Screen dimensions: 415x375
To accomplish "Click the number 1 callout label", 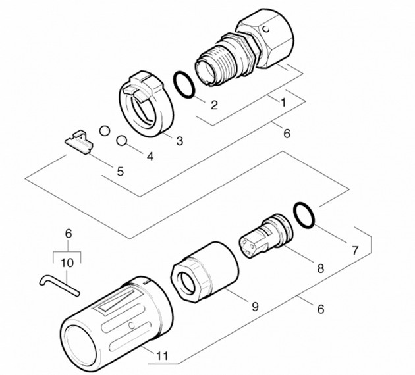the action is [283, 102].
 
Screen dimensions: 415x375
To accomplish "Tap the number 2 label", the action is [214, 105].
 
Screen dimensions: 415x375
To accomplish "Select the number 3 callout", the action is [180, 141].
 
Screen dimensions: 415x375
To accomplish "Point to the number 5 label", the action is [121, 172].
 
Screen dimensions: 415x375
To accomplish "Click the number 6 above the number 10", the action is [69, 234].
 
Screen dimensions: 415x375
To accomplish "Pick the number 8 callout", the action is [321, 268].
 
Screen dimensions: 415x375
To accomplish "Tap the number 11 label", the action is [162, 356].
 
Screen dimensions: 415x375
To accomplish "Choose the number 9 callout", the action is [255, 307].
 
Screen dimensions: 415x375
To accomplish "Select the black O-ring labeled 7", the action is [304, 215].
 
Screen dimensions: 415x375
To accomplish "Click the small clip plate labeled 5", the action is [79, 142].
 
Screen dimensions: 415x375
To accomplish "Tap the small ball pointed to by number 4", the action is [122, 141].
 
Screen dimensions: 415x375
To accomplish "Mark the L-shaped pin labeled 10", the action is [59, 286].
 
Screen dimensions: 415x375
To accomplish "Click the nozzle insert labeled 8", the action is [266, 236].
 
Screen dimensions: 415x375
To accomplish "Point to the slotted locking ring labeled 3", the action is [146, 104].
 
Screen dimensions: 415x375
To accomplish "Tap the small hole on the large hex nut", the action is [265, 28].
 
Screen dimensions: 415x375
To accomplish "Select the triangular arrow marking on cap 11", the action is [117, 301].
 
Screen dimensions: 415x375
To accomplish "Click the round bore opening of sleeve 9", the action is [187, 283].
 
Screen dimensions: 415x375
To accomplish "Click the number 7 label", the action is [355, 250].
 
